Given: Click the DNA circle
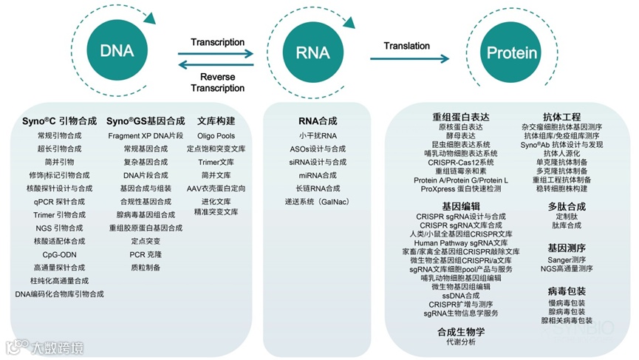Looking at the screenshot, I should (x=116, y=51).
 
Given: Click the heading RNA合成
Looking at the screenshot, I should (x=318, y=120).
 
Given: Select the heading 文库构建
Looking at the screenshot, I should (x=216, y=120).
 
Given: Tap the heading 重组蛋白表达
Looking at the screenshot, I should (x=461, y=117).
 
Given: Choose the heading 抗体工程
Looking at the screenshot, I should (x=561, y=117).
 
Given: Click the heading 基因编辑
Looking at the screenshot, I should (x=461, y=206).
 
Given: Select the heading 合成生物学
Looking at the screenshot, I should (x=461, y=331).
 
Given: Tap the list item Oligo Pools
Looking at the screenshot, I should (x=216, y=136).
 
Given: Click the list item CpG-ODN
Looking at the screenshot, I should (x=59, y=254).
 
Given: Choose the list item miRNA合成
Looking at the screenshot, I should (x=318, y=175).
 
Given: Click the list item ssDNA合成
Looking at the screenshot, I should (x=461, y=295).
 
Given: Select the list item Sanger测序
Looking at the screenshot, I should (x=567, y=260).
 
